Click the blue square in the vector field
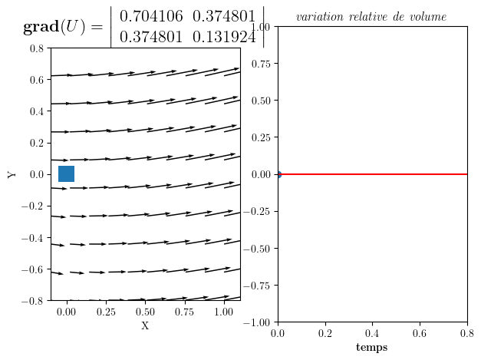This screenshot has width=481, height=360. point(66,173)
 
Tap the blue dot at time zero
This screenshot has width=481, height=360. point(278,174)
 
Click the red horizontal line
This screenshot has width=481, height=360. point(373,174)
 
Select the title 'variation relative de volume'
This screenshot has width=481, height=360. point(371,17)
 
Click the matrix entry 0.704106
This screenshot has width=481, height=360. point(151,16)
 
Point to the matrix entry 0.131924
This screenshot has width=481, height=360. point(224,37)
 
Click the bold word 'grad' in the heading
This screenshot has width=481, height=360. point(41,27)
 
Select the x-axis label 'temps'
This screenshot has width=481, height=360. point(372,348)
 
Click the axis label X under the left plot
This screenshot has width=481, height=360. point(145,325)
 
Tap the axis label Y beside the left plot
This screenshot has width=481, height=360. point(12,174)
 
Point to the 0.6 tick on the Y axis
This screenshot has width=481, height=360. point(37,80)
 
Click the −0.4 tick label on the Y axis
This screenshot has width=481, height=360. point(32,238)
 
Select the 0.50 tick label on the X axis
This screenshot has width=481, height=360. point(145,312)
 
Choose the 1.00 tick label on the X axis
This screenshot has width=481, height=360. point(224,312)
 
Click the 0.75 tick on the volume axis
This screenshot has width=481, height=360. point(261,64)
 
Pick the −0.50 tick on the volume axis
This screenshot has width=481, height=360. point(256,249)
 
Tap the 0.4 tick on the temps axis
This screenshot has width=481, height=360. point(372,333)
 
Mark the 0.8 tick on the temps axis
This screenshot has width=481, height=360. point(467,333)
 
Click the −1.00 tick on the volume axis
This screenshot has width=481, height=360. point(256,322)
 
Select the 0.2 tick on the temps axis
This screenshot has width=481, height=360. point(325,333)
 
